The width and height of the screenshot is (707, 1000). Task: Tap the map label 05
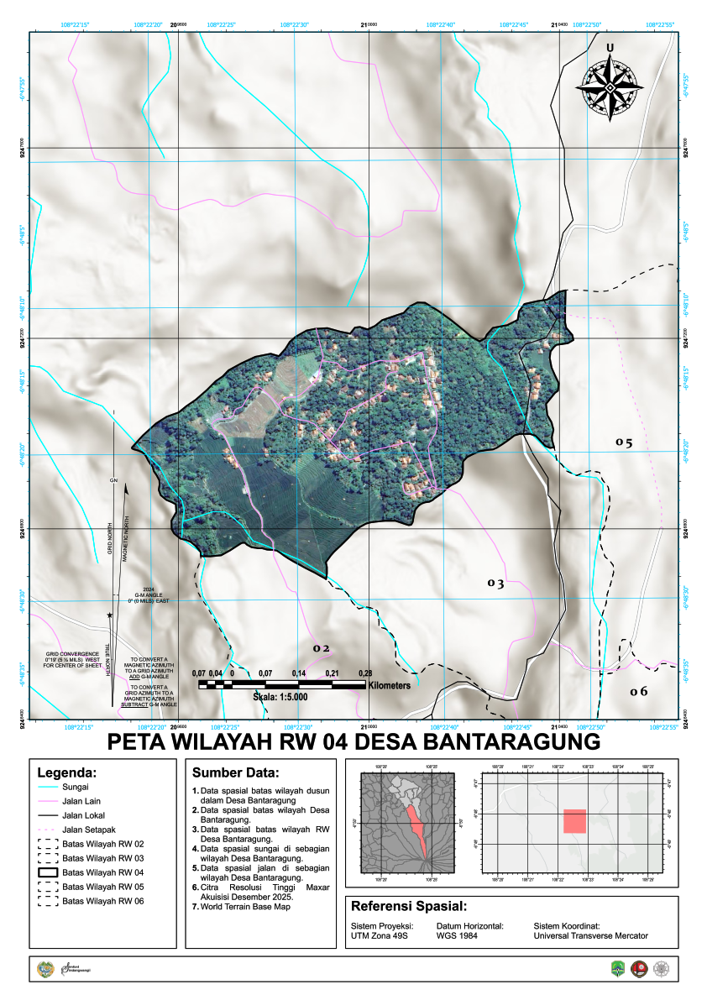tap(623, 442)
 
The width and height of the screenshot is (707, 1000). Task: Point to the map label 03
tap(495, 583)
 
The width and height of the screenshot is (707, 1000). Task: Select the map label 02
tap(322, 648)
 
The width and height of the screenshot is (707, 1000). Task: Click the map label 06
tap(639, 691)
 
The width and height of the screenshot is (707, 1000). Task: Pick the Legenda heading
tap(67, 772)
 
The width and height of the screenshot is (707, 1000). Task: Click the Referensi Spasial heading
tap(408, 907)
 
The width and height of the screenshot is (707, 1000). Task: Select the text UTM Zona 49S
tap(379, 935)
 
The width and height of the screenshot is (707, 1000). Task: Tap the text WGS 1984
tap(458, 935)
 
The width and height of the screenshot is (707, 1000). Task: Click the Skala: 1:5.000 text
tap(280, 697)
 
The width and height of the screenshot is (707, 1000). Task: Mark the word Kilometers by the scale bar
tap(388, 685)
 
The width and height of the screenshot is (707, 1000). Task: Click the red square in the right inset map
tap(574, 820)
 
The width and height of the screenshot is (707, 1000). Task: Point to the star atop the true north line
tap(110, 615)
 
